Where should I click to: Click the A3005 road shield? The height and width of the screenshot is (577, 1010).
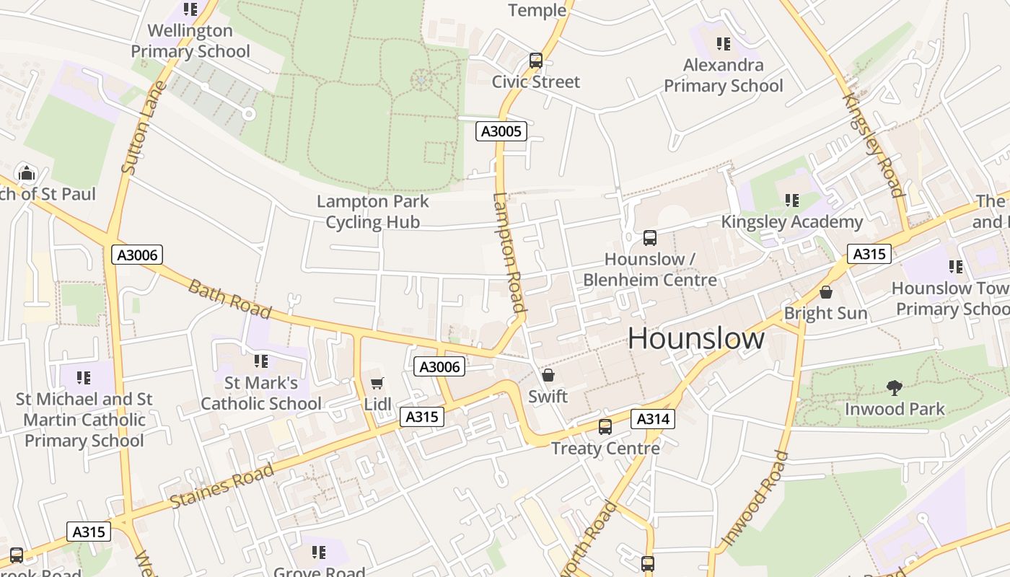click(501, 131)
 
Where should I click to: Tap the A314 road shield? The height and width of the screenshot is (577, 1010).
click(653, 419)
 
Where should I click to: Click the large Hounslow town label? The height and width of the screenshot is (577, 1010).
click(696, 338)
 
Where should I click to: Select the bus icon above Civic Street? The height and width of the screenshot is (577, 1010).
click(535, 61)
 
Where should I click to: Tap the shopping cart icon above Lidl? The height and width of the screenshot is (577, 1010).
click(377, 384)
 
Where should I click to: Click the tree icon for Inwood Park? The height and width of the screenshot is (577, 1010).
click(895, 388)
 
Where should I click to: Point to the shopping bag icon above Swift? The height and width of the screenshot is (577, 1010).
click(548, 375)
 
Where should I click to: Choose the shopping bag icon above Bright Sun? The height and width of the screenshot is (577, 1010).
click(826, 292)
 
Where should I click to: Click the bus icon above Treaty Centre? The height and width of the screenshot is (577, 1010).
click(605, 427)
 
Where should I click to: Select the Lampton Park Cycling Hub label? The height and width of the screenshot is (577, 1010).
click(373, 212)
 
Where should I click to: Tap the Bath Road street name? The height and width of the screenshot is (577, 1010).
click(229, 299)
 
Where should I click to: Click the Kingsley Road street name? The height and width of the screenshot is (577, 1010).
click(874, 144)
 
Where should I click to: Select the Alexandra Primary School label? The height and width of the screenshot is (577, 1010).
click(723, 76)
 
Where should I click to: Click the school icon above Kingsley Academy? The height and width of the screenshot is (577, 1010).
click(792, 201)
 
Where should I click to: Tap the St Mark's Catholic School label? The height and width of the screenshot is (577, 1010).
click(261, 393)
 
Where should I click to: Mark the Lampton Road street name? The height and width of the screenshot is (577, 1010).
click(509, 252)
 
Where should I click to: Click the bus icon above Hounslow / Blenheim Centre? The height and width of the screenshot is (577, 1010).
click(649, 238)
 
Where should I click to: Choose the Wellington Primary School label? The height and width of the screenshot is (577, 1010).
click(190, 41)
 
